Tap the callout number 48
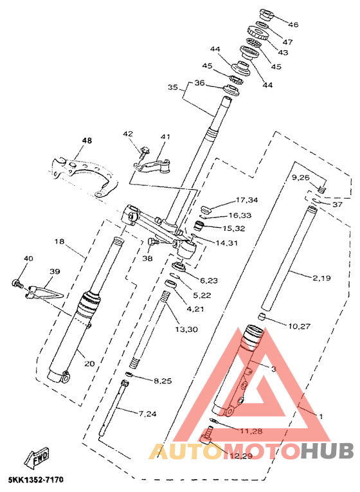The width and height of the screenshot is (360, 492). click(x=87, y=140)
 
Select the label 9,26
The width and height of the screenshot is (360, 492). click(x=300, y=178)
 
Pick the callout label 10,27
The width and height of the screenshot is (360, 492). click(x=299, y=326)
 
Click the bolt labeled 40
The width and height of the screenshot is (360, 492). click(x=17, y=284)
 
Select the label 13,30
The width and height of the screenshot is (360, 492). click(x=186, y=329)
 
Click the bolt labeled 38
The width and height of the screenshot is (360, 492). click(x=152, y=242)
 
